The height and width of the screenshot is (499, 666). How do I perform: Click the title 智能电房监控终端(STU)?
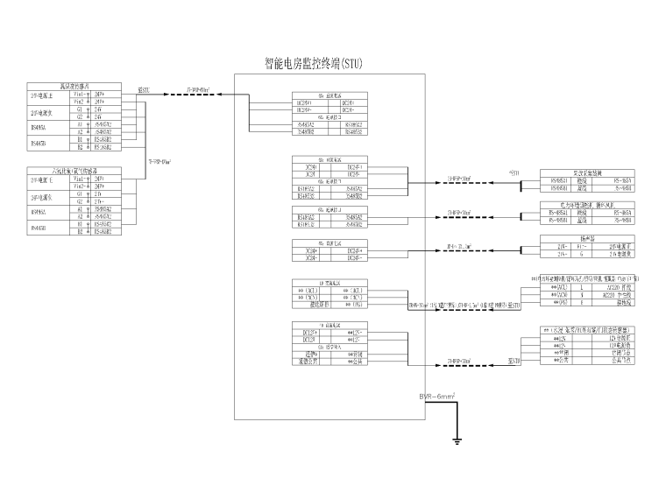click(313, 64)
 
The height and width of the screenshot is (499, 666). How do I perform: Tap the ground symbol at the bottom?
click(457, 438)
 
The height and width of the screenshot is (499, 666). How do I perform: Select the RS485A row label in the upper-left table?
click(46, 127)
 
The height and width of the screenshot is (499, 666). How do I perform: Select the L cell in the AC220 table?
click(582, 286)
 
